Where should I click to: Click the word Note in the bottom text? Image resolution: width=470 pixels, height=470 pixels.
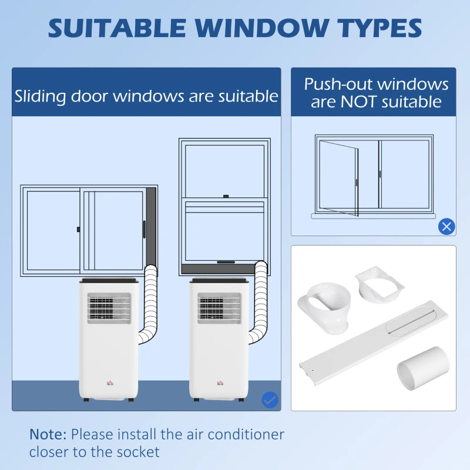(48, 435)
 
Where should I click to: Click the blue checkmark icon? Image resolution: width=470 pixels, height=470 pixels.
(270, 400)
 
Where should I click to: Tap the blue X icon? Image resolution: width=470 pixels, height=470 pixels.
(446, 226)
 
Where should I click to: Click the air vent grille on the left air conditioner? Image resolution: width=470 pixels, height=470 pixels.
(109, 308)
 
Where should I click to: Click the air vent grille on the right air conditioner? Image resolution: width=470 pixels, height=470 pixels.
(219, 308)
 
